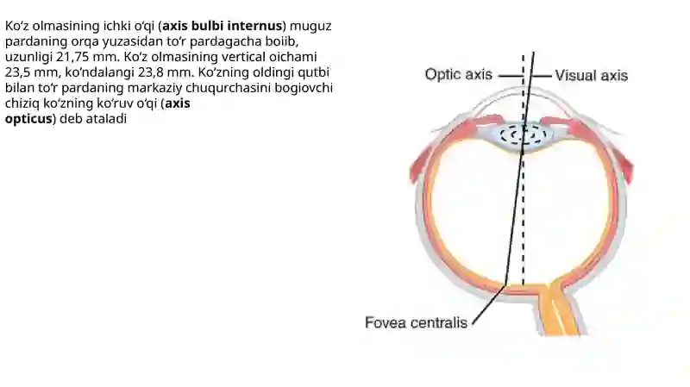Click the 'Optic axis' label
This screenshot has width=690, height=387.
coord(458,75)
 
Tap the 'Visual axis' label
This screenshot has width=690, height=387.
coord(591,76)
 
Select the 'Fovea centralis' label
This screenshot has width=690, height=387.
coord(416,323)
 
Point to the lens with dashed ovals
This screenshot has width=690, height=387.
coord(523,135)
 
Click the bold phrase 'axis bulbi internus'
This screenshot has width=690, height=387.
coord(223,26)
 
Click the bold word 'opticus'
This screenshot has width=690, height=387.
coord(28,119)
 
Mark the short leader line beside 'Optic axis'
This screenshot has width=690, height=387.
coord(510,76)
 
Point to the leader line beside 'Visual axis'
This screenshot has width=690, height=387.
coord(542,76)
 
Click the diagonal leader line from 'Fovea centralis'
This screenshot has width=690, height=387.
coord(488,305)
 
